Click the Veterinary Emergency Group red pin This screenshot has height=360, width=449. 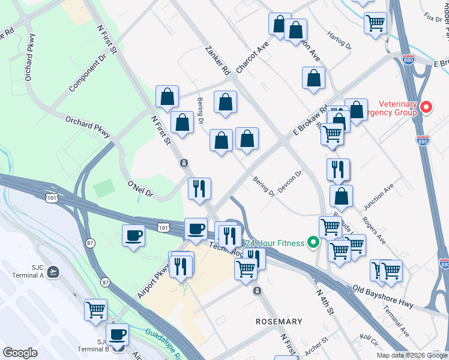pyautogui.click(x=426, y=108)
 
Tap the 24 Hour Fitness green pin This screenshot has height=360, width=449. pyautogui.click(x=312, y=242)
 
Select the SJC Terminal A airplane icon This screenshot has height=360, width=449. pyautogui.click(x=53, y=272)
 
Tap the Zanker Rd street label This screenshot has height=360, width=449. pyautogui.click(x=217, y=61)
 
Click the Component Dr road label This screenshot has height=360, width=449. pyautogui.click(x=87, y=74)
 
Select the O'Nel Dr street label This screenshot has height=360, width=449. pyautogui.click(x=140, y=189)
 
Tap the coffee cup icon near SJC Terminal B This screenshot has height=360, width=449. pyautogui.click(x=117, y=334)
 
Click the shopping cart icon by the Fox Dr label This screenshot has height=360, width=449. pyautogui.click(x=375, y=23)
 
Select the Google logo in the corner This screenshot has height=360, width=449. pyautogui.click(x=20, y=352)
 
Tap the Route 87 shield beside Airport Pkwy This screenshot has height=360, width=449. pyautogui.click(x=106, y=282)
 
